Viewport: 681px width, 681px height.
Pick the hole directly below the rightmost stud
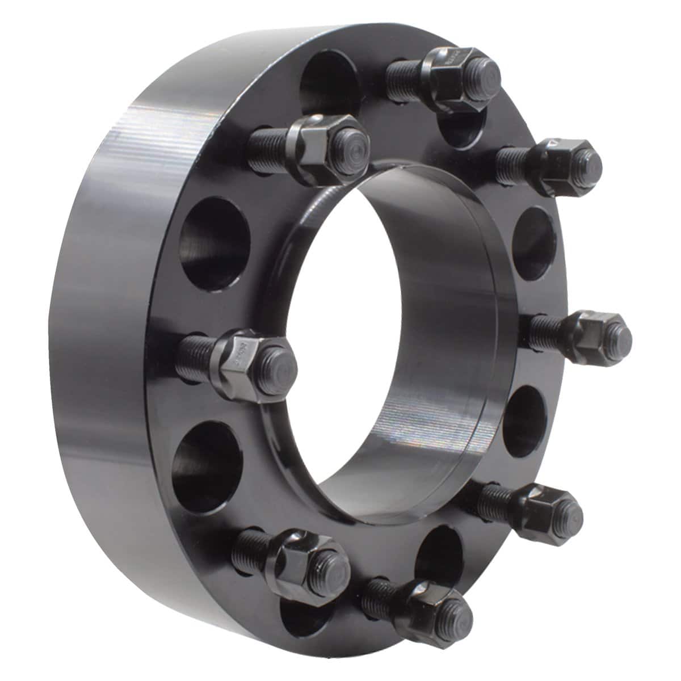[522, 417]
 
